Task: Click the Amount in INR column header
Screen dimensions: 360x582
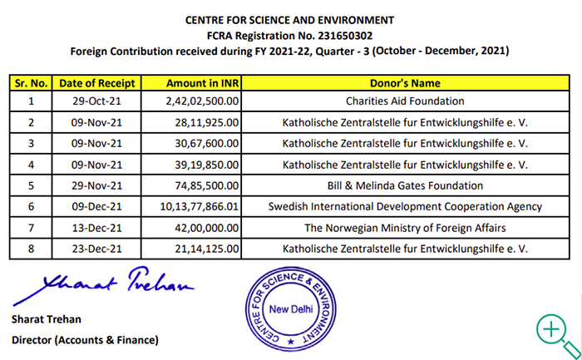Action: (203, 82)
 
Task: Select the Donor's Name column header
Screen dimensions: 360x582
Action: (405, 82)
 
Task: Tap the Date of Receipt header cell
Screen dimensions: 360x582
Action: (97, 82)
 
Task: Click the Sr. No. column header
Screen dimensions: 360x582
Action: (32, 82)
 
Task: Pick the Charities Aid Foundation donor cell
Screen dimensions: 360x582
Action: (405, 101)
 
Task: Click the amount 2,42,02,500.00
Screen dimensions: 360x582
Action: (203, 101)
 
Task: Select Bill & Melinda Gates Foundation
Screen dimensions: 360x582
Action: (405, 185)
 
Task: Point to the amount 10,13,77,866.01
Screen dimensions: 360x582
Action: (203, 206)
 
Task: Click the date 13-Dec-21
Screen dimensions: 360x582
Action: (97, 227)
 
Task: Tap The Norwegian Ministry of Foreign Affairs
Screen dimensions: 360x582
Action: (405, 227)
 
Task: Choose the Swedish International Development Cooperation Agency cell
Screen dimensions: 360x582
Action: (405, 206)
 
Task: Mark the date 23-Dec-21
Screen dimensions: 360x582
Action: (97, 248)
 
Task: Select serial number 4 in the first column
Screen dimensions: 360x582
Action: (32, 165)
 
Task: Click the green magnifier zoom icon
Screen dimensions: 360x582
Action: (552, 330)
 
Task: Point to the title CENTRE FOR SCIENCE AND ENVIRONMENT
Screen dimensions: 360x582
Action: (290, 19)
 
